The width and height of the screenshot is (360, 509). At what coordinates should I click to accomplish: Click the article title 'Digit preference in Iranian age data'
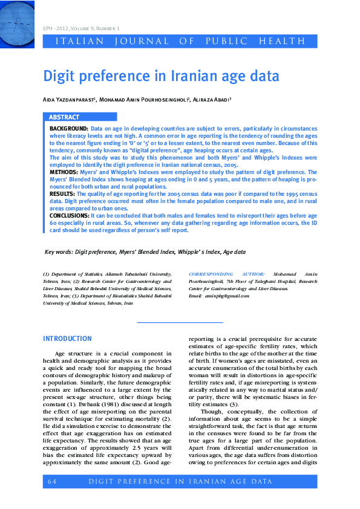pos(161,77)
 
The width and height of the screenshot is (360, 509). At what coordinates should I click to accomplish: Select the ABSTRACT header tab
pos(64,117)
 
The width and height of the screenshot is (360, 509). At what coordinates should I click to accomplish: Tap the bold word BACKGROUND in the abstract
pos(68,129)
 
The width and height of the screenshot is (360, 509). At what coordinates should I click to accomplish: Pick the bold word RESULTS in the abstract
pos(62,193)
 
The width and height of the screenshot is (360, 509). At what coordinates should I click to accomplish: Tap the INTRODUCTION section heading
pos(67,339)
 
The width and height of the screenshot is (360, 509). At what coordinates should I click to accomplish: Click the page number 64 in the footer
pos(51,481)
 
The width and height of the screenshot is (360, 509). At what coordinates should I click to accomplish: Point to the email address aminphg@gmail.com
pos(227,296)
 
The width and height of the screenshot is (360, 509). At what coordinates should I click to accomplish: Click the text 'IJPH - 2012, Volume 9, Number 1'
pos(81,28)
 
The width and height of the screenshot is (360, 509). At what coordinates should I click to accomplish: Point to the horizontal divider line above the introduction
pos(180,322)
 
